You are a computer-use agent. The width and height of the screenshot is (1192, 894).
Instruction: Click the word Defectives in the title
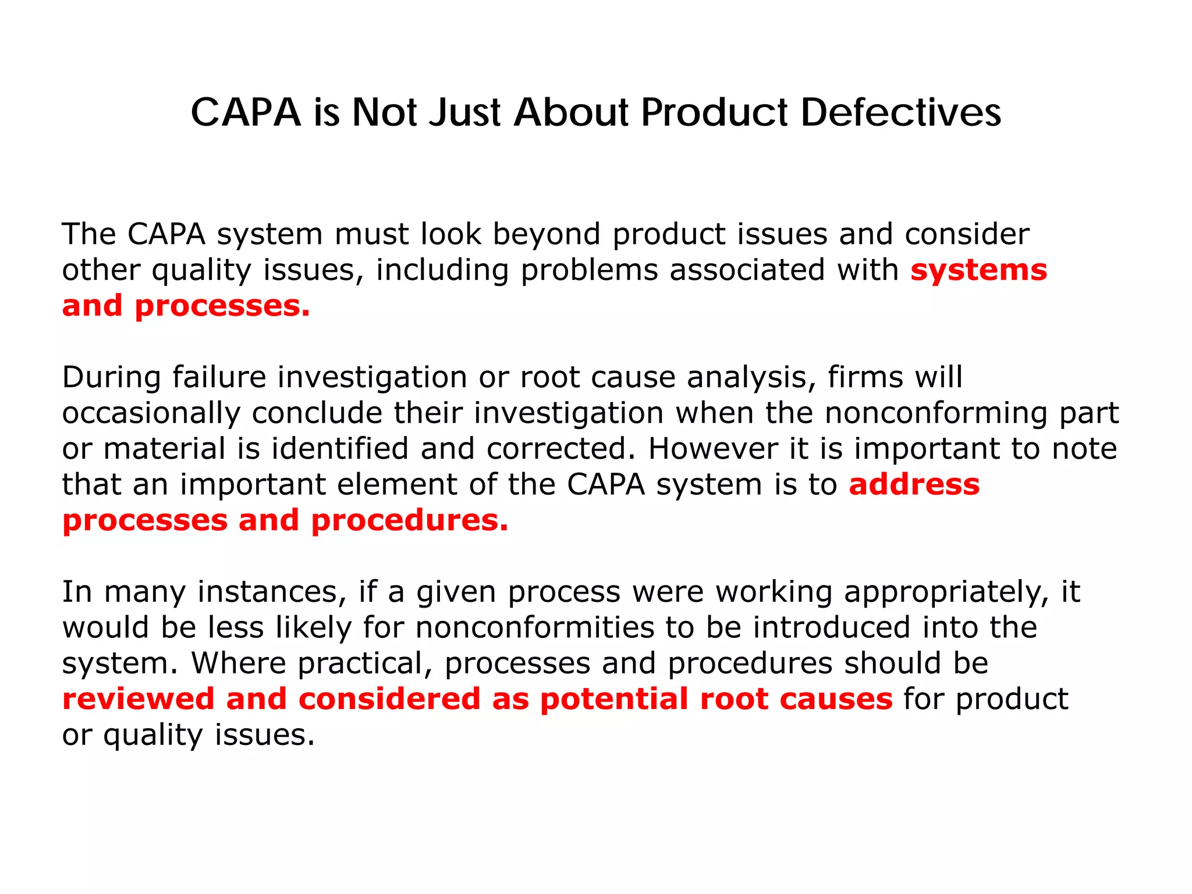click(x=900, y=112)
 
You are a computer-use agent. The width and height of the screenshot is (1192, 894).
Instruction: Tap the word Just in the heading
click(x=464, y=112)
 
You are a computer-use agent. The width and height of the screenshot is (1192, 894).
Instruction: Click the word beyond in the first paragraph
click(x=546, y=235)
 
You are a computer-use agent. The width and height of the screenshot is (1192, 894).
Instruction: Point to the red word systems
click(x=978, y=270)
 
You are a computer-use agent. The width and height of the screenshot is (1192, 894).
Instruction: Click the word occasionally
click(x=151, y=414)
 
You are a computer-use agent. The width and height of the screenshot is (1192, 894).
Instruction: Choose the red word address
click(x=914, y=484)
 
